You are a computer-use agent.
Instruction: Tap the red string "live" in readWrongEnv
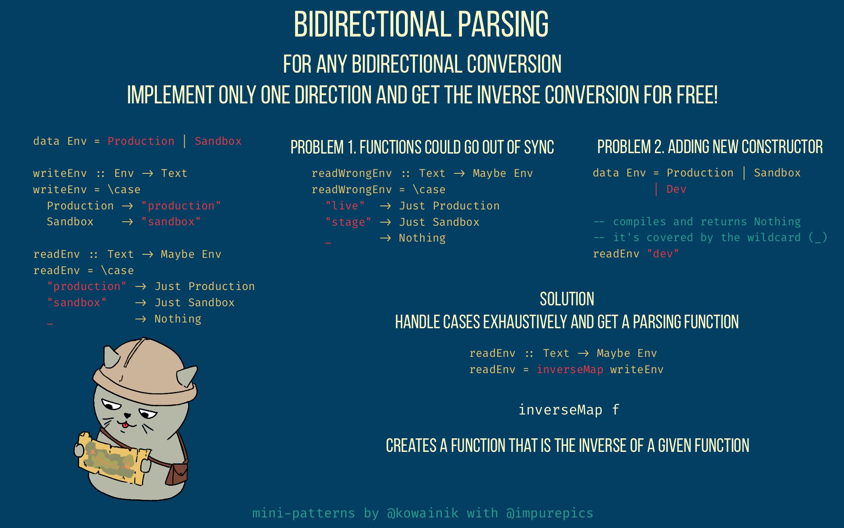345,206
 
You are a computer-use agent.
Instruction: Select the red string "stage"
348,222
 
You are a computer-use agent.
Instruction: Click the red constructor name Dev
676,189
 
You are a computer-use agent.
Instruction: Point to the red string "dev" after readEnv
663,254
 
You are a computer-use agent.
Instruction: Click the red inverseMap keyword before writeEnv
570,370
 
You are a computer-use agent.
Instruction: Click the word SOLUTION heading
567,299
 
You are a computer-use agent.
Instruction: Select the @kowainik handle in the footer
422,513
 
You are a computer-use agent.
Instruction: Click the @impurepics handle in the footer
549,513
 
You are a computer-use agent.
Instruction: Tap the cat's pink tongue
125,425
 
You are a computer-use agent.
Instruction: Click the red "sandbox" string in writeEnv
171,222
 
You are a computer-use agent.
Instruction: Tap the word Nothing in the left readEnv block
178,319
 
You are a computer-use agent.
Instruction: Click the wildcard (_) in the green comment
818,238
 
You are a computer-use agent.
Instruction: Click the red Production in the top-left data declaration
141,141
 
